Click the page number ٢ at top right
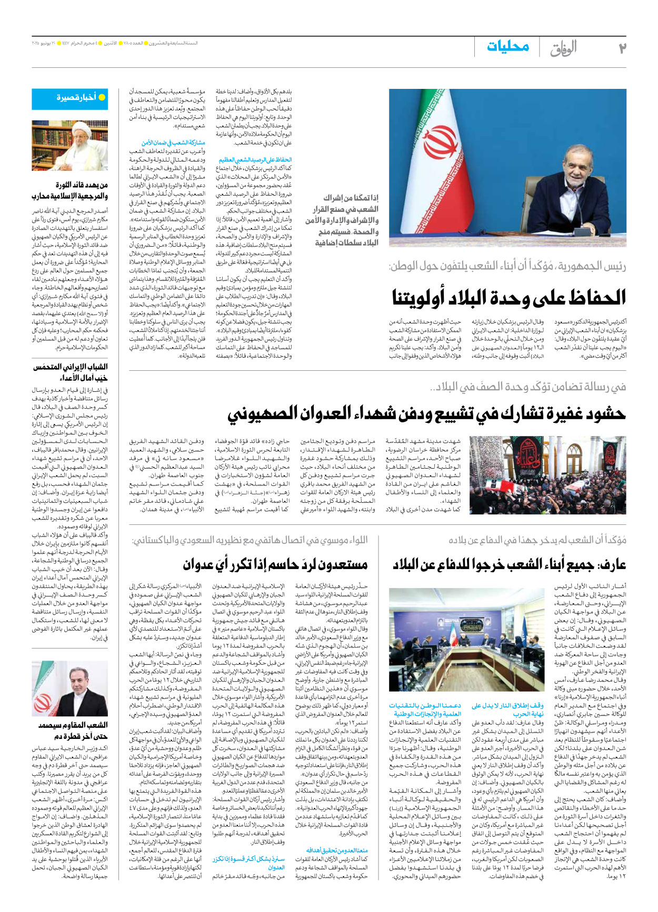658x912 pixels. pos(621,48)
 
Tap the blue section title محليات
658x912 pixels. pos(507,46)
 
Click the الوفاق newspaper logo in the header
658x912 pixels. pos(563,48)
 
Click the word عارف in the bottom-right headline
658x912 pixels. pos(612,565)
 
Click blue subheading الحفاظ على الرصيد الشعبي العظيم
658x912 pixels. pos(255,159)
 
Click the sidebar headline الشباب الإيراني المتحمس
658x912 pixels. pos(70,367)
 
